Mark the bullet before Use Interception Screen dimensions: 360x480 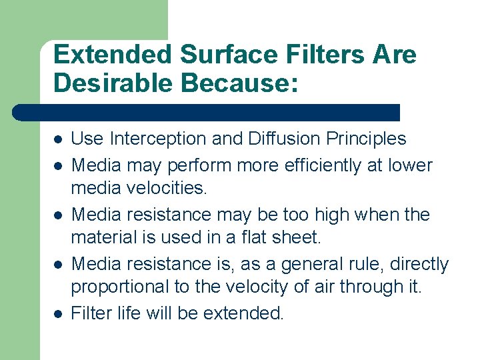(58, 140)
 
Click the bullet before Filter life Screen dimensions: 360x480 (58, 313)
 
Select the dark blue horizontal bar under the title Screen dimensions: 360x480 (207, 112)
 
